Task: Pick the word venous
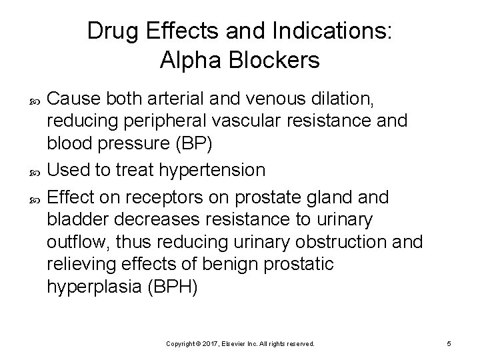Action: coord(291,100)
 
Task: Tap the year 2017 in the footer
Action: coord(211,343)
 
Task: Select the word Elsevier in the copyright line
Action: coord(235,343)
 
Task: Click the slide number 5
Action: coord(449,343)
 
